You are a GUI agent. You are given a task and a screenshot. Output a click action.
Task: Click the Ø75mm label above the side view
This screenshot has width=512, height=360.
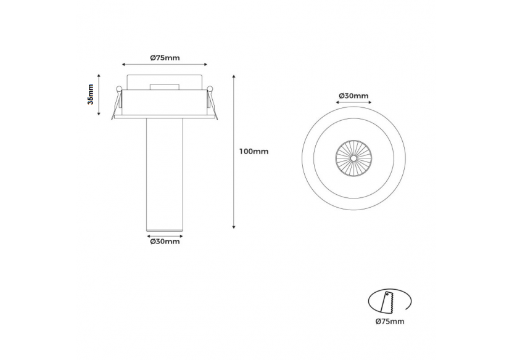[165, 57]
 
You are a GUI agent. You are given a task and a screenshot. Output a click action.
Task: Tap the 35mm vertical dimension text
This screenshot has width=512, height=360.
[91, 94]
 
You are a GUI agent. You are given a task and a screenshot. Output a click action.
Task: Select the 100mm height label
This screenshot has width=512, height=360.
[253, 151]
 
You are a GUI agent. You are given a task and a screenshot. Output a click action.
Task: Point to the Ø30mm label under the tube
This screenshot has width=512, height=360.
[165, 242]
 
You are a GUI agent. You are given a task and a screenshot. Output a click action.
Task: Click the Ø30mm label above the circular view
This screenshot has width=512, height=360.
[353, 96]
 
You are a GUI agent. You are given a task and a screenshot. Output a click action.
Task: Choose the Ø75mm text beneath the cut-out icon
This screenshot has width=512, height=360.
[389, 321]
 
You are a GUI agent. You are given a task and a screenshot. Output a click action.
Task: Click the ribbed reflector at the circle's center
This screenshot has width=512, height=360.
[353, 158]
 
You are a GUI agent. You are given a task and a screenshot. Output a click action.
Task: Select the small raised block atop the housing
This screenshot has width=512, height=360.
[165, 87]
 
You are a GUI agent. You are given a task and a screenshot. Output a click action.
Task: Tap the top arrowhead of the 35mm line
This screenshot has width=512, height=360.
[99, 75]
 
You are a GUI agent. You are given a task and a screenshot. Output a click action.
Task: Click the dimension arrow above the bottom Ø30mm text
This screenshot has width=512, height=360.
[165, 235]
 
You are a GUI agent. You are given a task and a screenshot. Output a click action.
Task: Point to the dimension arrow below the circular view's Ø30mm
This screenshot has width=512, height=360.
[353, 104]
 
